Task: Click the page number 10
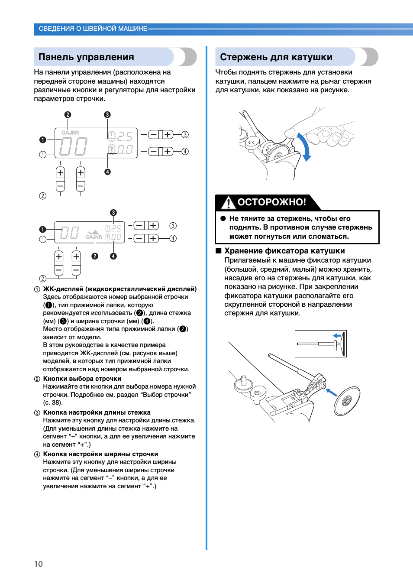click(39, 564)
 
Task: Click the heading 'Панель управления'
click(86, 57)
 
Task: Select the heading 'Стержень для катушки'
click(276, 57)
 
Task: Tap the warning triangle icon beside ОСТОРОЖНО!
click(228, 202)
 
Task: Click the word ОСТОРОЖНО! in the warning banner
click(271, 202)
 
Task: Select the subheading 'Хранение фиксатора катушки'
click(284, 251)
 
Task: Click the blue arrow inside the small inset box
click(337, 336)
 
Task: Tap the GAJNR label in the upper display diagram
click(70, 133)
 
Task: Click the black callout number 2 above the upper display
click(68, 115)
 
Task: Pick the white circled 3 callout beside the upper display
click(185, 135)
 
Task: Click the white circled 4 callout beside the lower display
click(173, 238)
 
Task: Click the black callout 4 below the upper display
click(107, 172)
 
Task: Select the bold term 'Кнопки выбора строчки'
click(82, 379)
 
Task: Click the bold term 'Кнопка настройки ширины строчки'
click(100, 454)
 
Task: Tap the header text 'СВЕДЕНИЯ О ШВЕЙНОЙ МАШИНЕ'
click(93, 29)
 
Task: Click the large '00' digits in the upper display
click(73, 146)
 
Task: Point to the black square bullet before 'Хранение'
click(219, 251)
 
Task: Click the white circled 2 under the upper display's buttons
click(42, 196)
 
